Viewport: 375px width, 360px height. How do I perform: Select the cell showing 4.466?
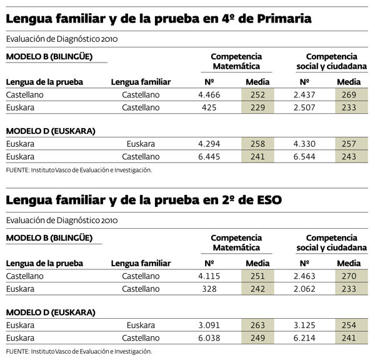pos(209,95)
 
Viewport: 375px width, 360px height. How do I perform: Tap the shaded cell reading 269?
pos(349,95)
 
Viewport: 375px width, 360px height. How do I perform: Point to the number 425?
pos(209,107)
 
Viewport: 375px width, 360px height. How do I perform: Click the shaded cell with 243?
pos(349,156)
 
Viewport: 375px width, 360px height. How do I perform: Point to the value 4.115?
pos(209,276)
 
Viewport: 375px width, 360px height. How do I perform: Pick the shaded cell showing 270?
pos(349,276)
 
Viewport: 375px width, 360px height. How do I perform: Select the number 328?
pos(209,288)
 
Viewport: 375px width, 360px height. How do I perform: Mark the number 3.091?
pos(209,325)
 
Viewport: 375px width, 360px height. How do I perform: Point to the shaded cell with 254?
pos(349,325)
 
